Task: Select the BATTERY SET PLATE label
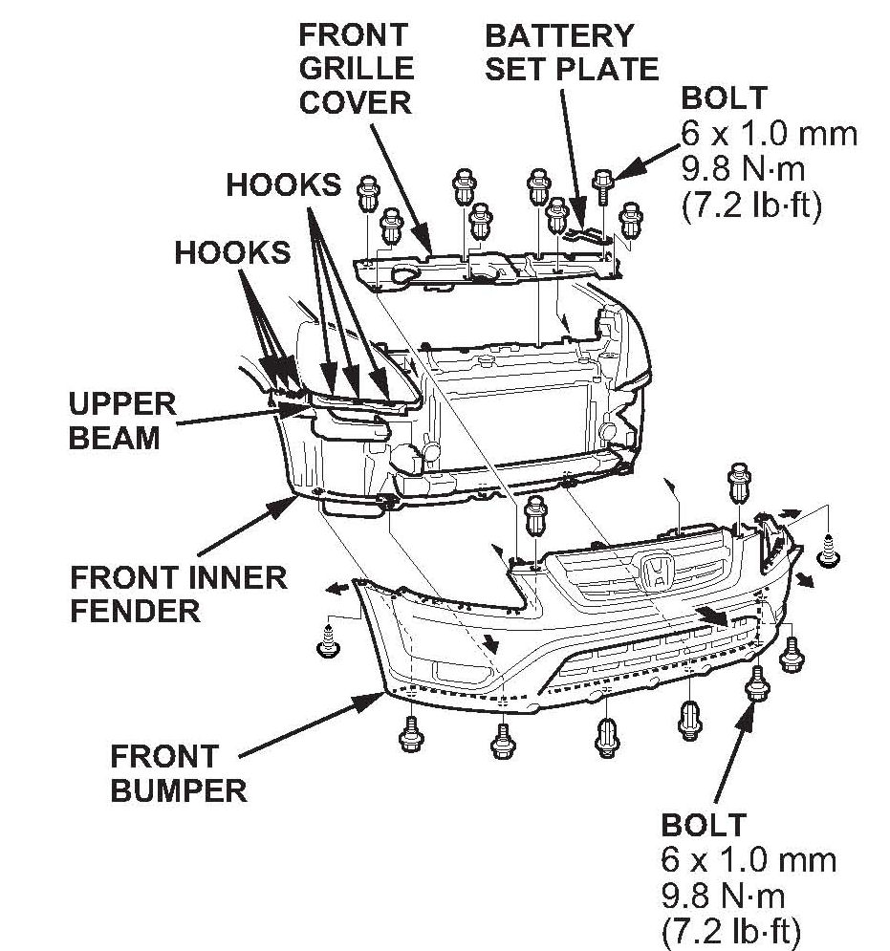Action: (x=572, y=53)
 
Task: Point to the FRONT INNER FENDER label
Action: (x=178, y=594)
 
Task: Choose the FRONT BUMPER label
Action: (x=178, y=774)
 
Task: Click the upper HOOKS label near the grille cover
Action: (x=283, y=184)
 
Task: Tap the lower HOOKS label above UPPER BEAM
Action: (x=232, y=251)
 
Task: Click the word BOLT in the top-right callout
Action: (x=723, y=98)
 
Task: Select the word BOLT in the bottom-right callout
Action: (x=703, y=824)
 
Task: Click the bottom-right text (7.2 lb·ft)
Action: (x=730, y=929)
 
